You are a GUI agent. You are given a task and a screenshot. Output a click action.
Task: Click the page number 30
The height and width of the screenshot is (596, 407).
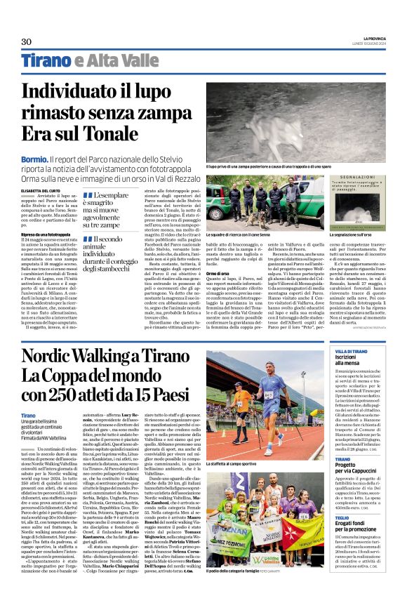point(27,41)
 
